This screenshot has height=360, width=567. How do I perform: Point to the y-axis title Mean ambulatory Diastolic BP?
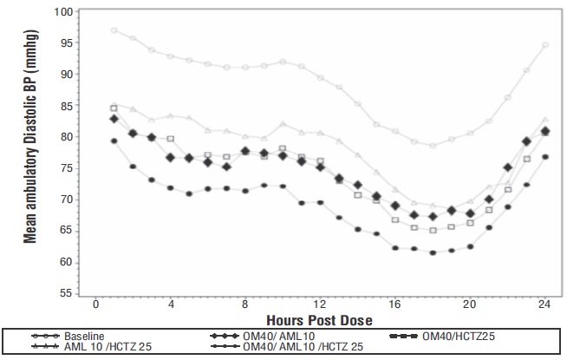click(31, 154)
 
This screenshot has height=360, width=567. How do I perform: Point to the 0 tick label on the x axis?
click(95, 304)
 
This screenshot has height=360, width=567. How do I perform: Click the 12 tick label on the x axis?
click(320, 304)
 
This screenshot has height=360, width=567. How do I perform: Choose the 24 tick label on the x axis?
click(544, 304)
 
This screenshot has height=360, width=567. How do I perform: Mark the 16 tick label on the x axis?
click(395, 304)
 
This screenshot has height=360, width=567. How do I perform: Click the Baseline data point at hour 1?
click(114, 30)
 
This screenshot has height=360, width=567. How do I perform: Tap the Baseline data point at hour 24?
click(545, 45)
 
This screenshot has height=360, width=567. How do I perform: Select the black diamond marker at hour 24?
click(545, 131)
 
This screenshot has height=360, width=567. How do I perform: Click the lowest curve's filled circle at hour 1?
click(114, 141)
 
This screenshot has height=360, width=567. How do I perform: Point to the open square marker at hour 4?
click(170, 139)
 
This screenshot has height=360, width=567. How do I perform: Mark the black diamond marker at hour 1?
click(114, 119)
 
